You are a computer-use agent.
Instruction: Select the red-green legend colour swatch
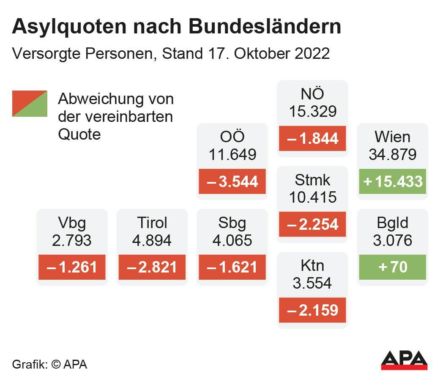point(30,103)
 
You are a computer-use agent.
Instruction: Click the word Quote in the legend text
point(79,134)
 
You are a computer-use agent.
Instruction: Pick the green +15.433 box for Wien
point(393,181)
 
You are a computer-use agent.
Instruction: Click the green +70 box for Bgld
point(393,267)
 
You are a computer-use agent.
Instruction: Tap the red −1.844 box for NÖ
point(312,138)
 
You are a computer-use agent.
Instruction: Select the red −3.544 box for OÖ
point(232,181)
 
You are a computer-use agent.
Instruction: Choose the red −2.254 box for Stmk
point(312,224)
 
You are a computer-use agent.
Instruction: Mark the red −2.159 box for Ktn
point(312,310)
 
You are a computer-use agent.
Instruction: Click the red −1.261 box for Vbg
point(72,267)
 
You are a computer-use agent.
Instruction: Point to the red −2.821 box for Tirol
point(152,267)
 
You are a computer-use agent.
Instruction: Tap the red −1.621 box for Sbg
point(232,267)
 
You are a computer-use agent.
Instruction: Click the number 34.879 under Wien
point(393,154)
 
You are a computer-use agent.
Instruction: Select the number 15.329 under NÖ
point(312,111)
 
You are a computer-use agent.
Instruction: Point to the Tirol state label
point(152,223)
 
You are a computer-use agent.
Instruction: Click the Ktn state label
point(312,266)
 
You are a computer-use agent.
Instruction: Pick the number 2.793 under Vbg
point(72,240)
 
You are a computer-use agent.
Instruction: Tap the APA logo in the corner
point(404,360)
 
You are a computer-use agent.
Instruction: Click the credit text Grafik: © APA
point(49,364)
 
